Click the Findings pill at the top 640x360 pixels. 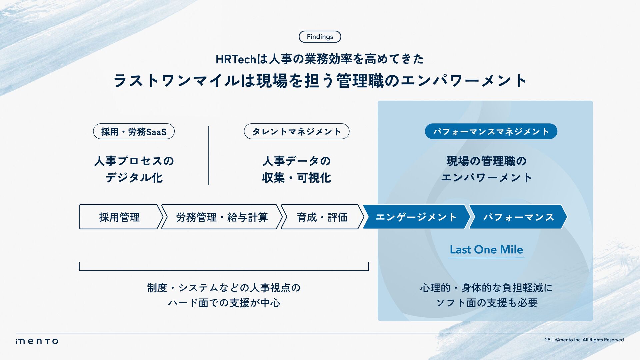coord(320,37)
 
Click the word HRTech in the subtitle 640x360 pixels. coord(236,59)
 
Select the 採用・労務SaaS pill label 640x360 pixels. coord(134,132)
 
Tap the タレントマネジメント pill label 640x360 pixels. coord(296,132)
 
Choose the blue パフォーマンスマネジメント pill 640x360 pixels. coord(491,132)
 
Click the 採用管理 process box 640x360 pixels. coord(119,217)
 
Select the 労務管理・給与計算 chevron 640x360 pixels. coord(222,217)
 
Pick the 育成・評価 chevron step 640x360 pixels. coord(322,217)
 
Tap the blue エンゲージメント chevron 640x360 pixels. coord(416,217)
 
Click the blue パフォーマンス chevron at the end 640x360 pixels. coord(518,217)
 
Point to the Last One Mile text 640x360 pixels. coord(486,250)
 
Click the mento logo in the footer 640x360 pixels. coord(37,341)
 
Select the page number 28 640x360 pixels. coord(547,340)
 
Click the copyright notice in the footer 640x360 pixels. coord(589,340)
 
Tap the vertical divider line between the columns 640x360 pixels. coord(209,155)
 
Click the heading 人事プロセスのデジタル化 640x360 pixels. coord(134,169)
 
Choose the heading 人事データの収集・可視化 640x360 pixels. coord(296,169)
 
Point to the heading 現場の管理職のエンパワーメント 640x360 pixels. coord(486,169)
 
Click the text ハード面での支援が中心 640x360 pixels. coord(224,303)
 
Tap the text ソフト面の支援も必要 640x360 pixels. coord(487,303)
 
